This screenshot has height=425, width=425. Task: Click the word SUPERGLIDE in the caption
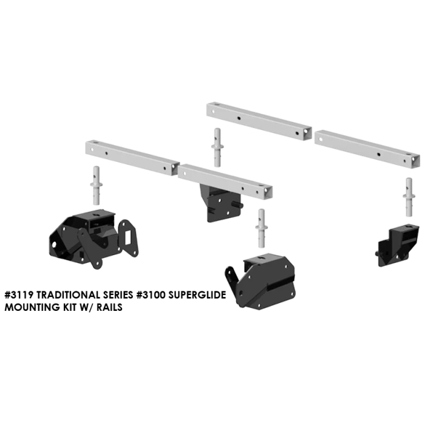click(197, 295)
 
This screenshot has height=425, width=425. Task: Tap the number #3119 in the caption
click(19, 295)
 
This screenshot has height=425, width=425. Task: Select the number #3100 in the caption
click(151, 295)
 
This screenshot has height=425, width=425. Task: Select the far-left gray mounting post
click(96, 186)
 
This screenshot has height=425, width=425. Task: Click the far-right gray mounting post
click(409, 197)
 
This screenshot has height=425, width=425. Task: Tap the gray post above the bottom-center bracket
click(261, 228)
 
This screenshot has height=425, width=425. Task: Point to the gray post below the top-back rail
click(217, 148)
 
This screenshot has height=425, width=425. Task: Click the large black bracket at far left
click(93, 239)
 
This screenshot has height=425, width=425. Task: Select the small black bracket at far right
click(397, 245)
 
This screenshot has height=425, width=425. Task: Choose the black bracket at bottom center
click(260, 281)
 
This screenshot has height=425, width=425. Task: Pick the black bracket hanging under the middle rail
click(221, 203)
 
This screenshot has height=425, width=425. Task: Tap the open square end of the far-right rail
click(415, 161)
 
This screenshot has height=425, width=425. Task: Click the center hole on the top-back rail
click(239, 118)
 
